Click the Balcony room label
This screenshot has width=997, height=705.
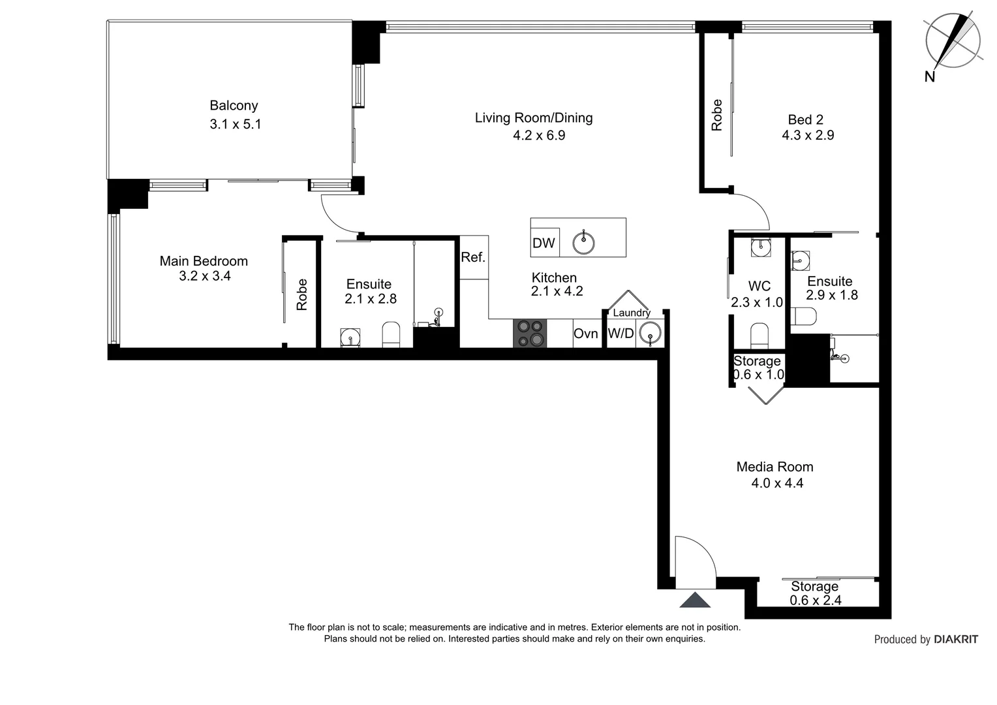(x=234, y=106)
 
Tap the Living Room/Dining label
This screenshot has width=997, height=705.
(x=533, y=118)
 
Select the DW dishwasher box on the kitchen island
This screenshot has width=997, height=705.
(x=544, y=243)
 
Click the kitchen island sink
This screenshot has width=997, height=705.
(x=583, y=243)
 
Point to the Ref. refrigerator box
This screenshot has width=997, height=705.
(x=474, y=257)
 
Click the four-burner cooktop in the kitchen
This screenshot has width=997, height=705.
(x=529, y=333)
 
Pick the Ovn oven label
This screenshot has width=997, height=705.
(x=585, y=334)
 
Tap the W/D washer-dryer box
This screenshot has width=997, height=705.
(x=621, y=334)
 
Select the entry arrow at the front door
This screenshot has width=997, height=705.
(x=696, y=599)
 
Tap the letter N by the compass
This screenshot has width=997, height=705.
(x=930, y=77)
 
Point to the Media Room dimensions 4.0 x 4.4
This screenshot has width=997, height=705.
(x=777, y=483)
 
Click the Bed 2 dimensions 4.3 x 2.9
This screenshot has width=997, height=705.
(x=808, y=135)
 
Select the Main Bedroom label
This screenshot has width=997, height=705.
(x=204, y=261)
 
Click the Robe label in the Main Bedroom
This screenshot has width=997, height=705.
(x=301, y=294)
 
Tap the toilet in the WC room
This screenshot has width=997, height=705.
(x=759, y=336)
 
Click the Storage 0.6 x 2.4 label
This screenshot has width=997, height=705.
(x=815, y=593)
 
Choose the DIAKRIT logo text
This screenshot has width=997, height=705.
(x=956, y=640)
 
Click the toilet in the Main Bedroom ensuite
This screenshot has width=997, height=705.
(x=391, y=334)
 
